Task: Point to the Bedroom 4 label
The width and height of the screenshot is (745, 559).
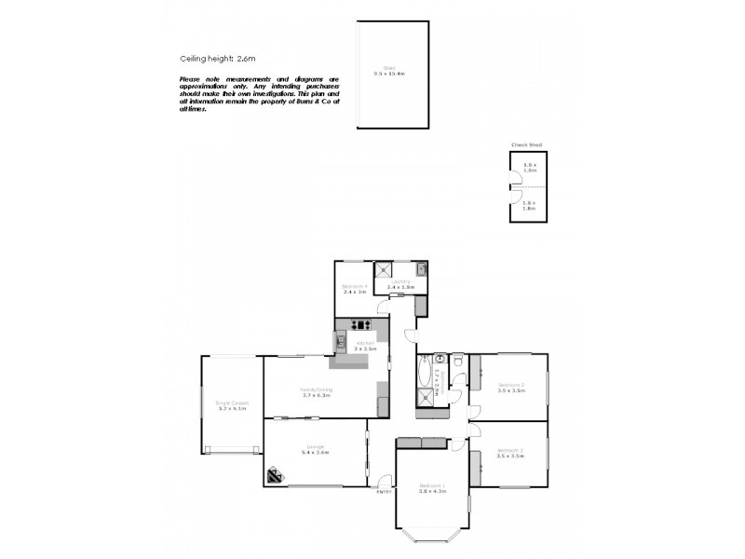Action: pyautogui.click(x=355, y=285)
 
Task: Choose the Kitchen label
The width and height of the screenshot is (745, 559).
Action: pyautogui.click(x=364, y=343)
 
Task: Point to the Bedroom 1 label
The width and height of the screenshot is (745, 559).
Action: pyautogui.click(x=432, y=486)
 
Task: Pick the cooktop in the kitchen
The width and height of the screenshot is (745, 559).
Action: pyautogui.click(x=361, y=325)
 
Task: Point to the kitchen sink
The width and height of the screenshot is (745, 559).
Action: pyautogui.click(x=341, y=342)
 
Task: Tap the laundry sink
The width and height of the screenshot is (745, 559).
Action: pyautogui.click(x=421, y=269)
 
